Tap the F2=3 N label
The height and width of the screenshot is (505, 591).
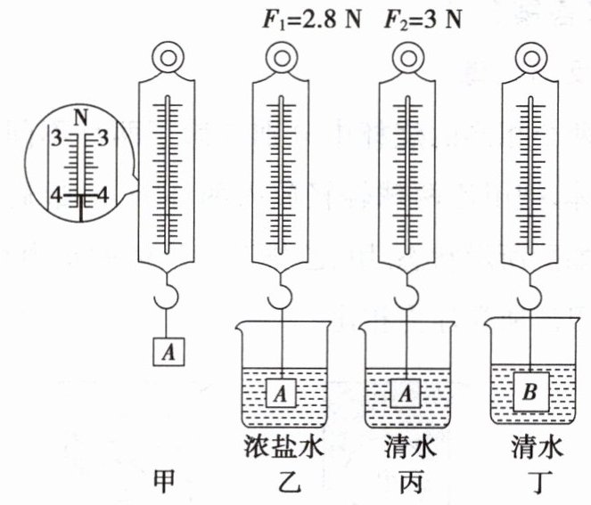click(423, 19)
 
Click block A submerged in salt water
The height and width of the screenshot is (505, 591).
click(283, 390)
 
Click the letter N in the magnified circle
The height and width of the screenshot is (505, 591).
click(83, 118)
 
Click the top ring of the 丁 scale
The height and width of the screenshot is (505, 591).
click(533, 59)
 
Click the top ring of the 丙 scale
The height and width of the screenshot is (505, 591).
click(408, 59)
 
